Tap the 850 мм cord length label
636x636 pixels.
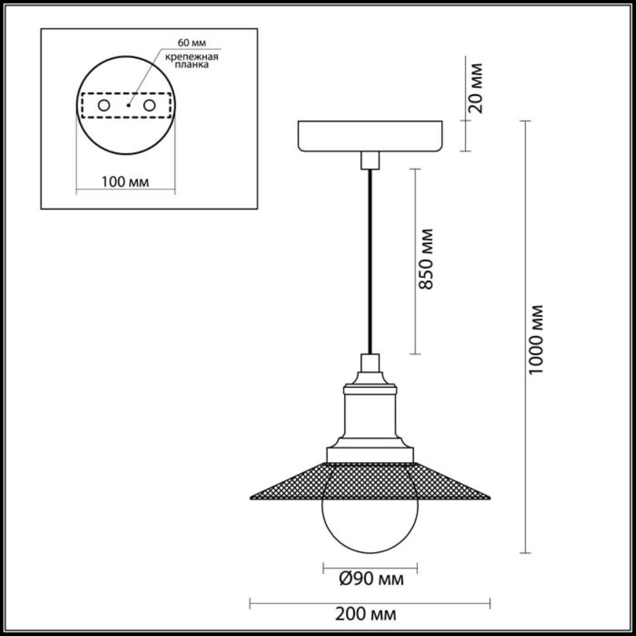(426, 258)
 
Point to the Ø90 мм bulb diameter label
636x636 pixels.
(371, 579)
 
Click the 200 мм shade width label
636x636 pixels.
(366, 614)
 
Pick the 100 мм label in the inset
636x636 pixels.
(125, 182)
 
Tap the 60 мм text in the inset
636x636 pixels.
(192, 43)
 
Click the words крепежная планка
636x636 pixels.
(192, 61)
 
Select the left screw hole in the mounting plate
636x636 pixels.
(104, 105)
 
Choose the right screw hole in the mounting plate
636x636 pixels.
(149, 105)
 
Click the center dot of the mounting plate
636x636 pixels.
(128, 105)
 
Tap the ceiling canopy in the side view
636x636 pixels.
(370, 135)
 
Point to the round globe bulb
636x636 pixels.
(370, 522)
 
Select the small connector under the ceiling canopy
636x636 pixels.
(370, 160)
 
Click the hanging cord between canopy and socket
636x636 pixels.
(370, 258)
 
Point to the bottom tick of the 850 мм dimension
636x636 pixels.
(415, 354)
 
